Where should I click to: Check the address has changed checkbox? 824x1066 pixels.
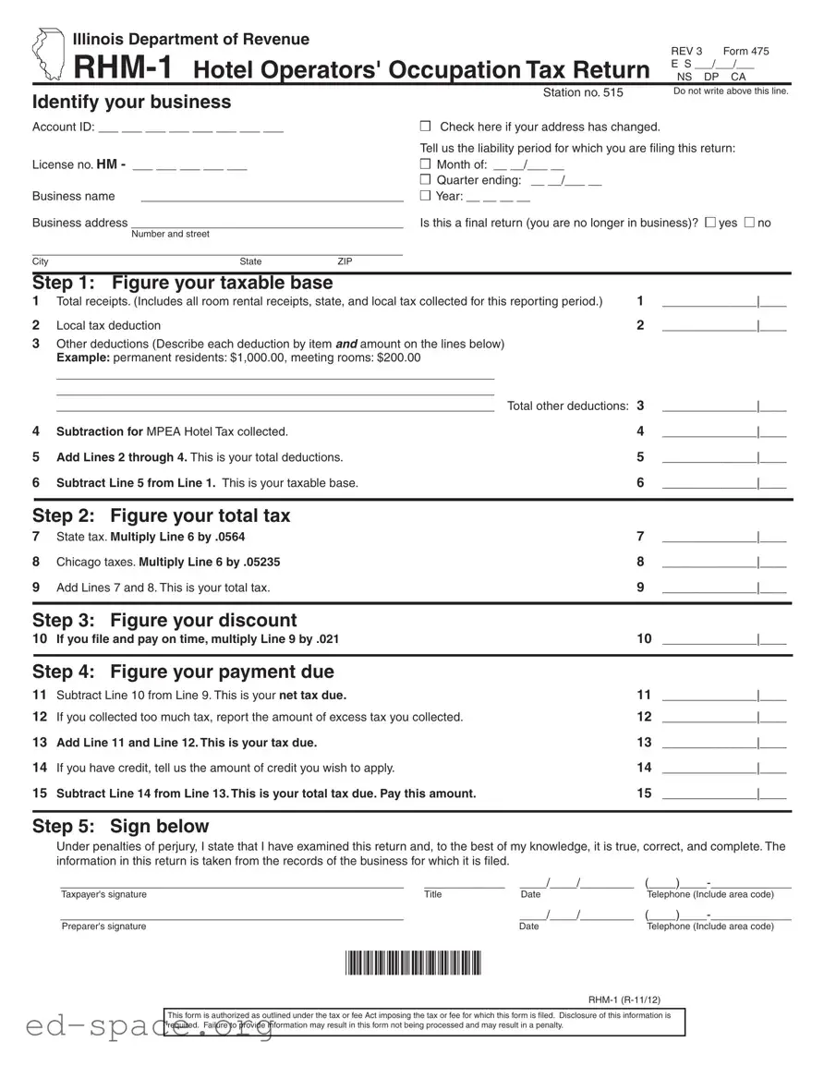(426, 127)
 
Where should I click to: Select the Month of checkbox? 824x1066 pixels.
(426, 164)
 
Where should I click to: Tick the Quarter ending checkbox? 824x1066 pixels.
(426, 180)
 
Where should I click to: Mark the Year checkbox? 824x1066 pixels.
(426, 196)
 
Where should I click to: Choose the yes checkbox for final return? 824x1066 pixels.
(709, 223)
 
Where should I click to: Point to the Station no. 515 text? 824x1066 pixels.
(583, 92)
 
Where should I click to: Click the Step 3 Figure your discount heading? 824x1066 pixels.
(164, 620)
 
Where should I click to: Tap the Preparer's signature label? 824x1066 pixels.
(103, 927)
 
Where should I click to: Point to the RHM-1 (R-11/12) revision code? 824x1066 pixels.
(624, 999)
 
